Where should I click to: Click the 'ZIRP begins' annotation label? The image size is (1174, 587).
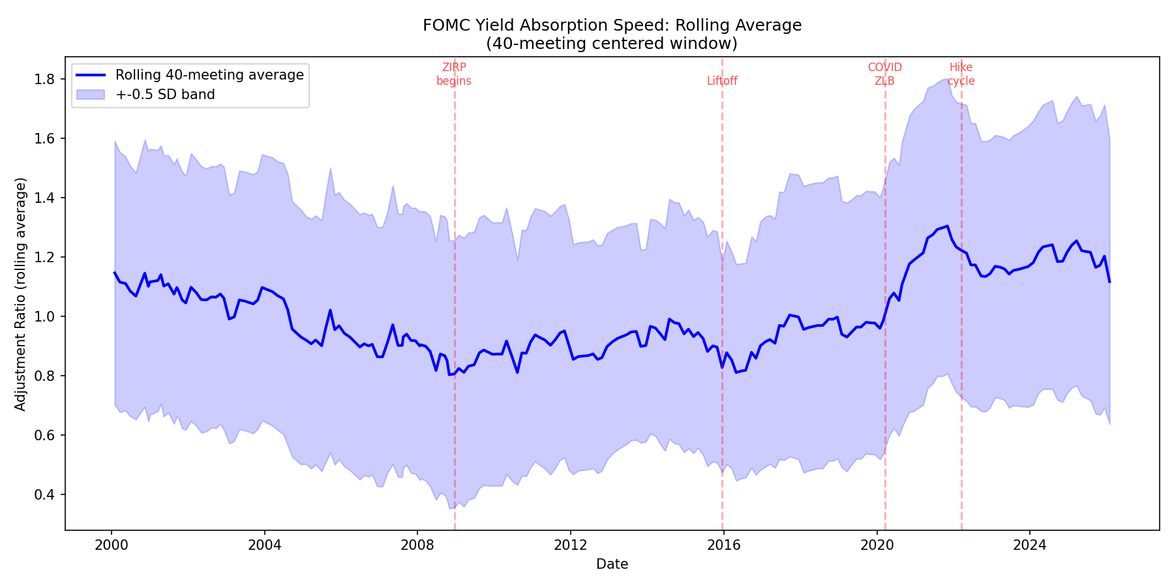[x=454, y=74]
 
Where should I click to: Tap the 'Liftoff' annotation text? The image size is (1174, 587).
[x=722, y=81]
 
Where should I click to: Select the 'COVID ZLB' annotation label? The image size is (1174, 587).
[x=884, y=74]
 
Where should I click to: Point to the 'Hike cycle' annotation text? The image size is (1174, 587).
[x=961, y=74]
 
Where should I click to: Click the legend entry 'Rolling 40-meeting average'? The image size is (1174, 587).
[x=209, y=75]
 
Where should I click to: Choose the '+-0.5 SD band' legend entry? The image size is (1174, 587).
[x=165, y=95]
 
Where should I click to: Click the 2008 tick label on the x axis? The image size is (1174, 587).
[x=417, y=545]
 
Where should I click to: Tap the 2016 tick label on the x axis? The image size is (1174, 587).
[x=723, y=545]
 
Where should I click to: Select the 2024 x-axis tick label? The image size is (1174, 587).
[x=1029, y=545]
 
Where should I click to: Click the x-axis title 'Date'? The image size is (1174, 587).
[x=612, y=564]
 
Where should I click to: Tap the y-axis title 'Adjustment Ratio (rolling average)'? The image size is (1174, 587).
[x=21, y=294]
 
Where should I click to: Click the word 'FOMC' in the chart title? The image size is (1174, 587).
[x=445, y=25]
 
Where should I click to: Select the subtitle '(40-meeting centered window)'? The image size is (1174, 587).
[x=612, y=44]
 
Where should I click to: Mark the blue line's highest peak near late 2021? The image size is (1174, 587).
[x=947, y=226]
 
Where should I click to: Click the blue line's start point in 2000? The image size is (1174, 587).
[x=115, y=273]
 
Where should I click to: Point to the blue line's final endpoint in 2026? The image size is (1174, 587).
[x=1109, y=282]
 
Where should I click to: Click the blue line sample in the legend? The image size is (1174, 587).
[x=91, y=75]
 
